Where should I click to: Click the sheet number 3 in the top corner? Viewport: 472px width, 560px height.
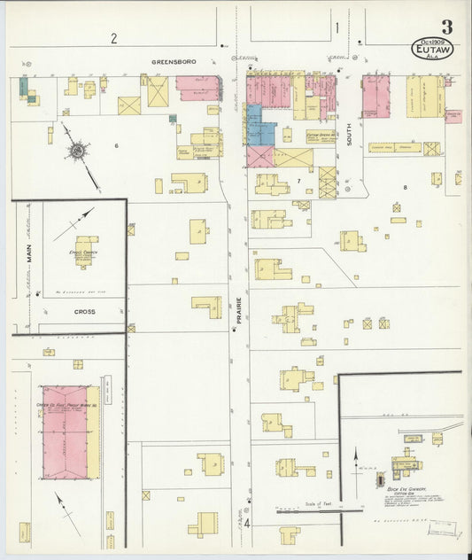446,27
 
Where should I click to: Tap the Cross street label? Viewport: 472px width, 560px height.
84,312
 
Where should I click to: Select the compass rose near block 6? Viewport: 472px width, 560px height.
78,152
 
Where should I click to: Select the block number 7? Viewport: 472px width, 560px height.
299,181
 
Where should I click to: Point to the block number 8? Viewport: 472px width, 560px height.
405,187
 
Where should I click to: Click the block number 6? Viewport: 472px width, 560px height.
115,144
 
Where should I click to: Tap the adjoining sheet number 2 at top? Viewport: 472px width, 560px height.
113,38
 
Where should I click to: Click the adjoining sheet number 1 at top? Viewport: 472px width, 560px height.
337,27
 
